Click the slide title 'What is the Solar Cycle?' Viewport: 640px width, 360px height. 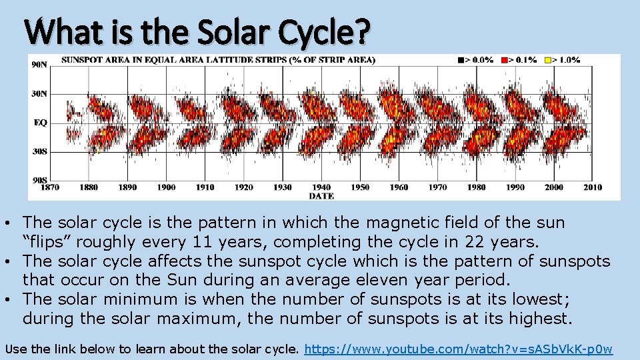(x=197, y=31)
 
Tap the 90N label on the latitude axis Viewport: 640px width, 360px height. (x=39, y=65)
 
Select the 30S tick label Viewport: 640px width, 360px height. (x=39, y=152)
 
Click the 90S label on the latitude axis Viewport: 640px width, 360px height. (x=39, y=180)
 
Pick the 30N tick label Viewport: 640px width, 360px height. (x=39, y=94)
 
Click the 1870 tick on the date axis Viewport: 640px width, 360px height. (x=50, y=187)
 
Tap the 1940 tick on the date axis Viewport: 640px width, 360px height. (x=321, y=187)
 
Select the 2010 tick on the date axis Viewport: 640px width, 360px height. (x=592, y=187)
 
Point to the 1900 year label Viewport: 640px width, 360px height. (x=166, y=187)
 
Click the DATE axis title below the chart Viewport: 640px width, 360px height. (x=321, y=196)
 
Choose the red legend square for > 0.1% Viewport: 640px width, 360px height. (x=505, y=60)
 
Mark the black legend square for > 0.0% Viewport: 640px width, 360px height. (x=461, y=60)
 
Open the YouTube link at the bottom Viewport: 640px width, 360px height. (x=459, y=349)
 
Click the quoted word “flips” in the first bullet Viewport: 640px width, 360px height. (x=45, y=241)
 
